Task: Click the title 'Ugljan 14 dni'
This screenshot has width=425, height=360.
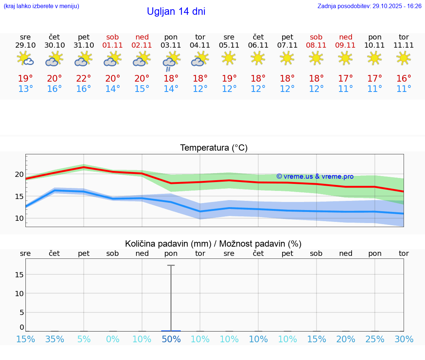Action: (176, 11)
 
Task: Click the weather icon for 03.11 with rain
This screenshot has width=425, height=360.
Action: (171, 61)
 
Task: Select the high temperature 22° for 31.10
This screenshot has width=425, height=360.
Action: (84, 79)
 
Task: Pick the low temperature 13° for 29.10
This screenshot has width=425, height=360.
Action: (25, 89)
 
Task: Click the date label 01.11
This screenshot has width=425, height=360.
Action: (113, 45)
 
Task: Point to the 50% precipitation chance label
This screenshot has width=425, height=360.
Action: (171, 339)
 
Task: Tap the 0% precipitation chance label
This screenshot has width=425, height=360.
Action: (113, 339)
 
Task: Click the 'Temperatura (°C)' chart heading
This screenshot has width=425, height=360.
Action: (214, 148)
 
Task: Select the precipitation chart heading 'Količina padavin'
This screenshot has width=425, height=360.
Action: (213, 244)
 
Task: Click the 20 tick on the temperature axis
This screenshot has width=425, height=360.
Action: (19, 174)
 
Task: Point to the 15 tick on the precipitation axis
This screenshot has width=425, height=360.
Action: (19, 274)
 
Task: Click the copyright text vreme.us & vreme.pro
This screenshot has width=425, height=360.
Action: (315, 176)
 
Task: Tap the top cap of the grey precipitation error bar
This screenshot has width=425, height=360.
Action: (171, 265)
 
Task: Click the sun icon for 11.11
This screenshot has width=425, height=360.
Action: (404, 58)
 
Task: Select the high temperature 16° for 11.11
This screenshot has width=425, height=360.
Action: (404, 79)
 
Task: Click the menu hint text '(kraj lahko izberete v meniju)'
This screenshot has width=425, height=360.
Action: (41, 6)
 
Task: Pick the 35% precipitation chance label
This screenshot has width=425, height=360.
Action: (55, 339)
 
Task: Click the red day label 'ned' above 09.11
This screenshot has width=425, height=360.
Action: (346, 37)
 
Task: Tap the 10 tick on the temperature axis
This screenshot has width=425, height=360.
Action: (19, 218)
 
